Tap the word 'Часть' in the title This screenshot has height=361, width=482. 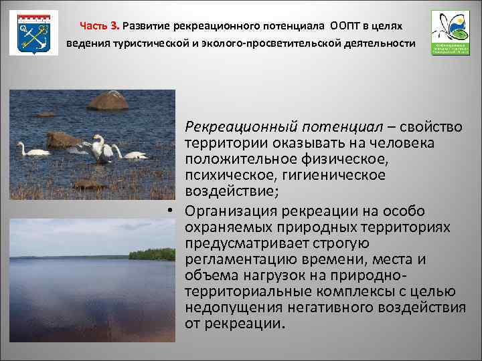pyautogui.click(x=94, y=25)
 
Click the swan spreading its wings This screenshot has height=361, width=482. pyautogui.click(x=100, y=148)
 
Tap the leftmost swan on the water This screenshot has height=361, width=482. pyautogui.click(x=31, y=150)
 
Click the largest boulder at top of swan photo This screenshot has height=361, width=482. pyautogui.click(x=108, y=101)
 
